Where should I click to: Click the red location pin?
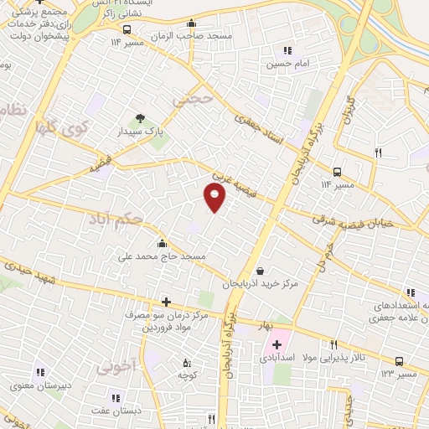(215, 198)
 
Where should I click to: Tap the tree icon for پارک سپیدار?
(140, 118)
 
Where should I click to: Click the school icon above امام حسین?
(289, 50)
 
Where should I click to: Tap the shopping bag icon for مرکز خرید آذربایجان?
(261, 271)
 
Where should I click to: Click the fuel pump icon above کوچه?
(187, 363)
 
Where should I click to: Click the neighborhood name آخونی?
(116, 366)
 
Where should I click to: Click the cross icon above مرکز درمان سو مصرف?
(166, 302)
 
